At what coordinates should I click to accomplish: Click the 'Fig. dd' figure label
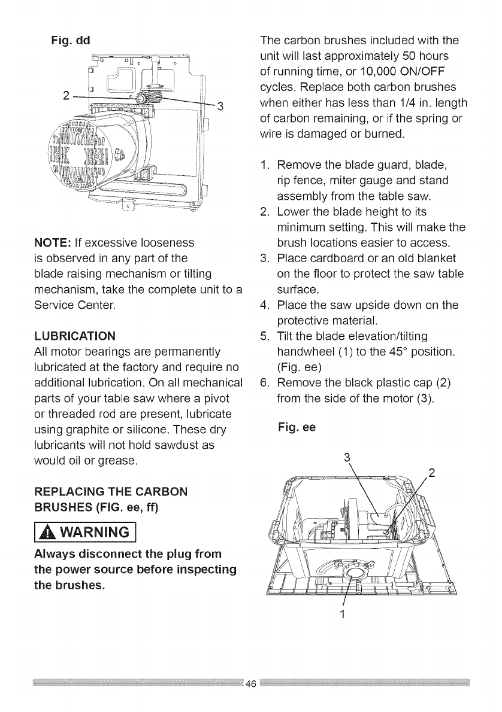(x=70, y=41)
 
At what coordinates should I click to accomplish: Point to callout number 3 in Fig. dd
(x=220, y=107)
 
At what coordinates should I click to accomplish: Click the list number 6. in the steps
(x=265, y=397)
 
